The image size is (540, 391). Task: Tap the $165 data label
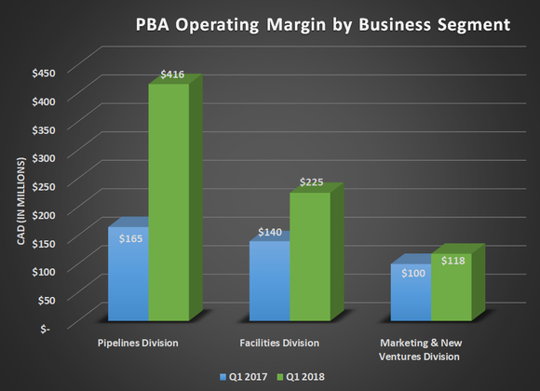pos(129,239)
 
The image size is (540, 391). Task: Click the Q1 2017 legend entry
pos(245,377)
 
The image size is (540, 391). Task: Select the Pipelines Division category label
pos(138,343)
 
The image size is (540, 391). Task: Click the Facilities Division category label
pos(278,343)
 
